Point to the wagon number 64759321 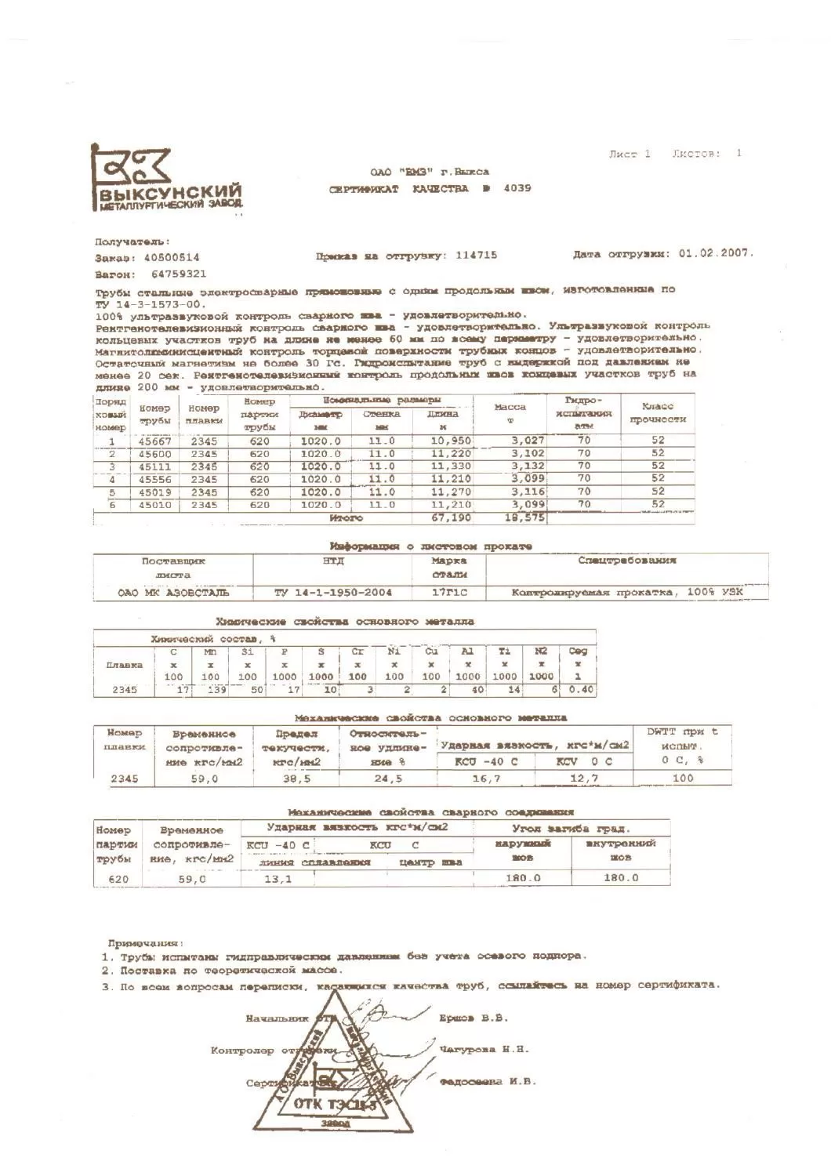(179, 274)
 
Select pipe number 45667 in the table (155, 441)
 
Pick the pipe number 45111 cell (155, 466)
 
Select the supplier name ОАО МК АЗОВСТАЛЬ (173, 593)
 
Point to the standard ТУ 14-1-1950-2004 (332, 593)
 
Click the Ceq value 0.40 (580, 690)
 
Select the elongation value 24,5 (386, 779)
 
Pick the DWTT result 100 (682, 779)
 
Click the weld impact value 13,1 (278, 879)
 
